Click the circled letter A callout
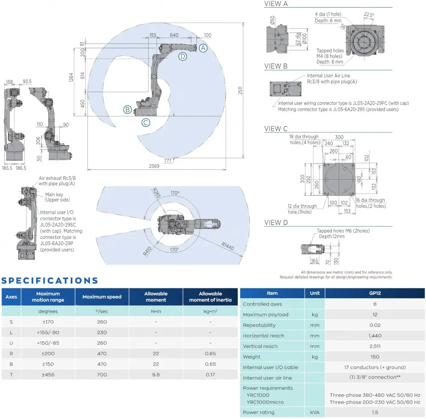pyautogui.click(x=204, y=48)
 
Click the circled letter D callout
pyautogui.click(x=182, y=56)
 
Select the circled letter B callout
pyautogui.click(x=127, y=110)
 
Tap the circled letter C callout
pyautogui.click(x=146, y=123)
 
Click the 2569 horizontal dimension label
pyautogui.click(x=154, y=166)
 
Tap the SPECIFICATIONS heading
pyautogui.click(x=50, y=281)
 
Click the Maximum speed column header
pyautogui.click(x=102, y=297)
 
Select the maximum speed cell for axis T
pyautogui.click(x=102, y=375)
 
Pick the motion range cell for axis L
pyautogui.click(x=48, y=332)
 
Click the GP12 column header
pyautogui.click(x=375, y=293)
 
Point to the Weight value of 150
pyautogui.click(x=375, y=357)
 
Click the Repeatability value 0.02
pyautogui.click(x=375, y=325)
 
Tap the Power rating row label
pyautogui.click(x=259, y=412)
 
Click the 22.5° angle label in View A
pyautogui.click(x=369, y=15)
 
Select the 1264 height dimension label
pyautogui.click(x=71, y=77)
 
